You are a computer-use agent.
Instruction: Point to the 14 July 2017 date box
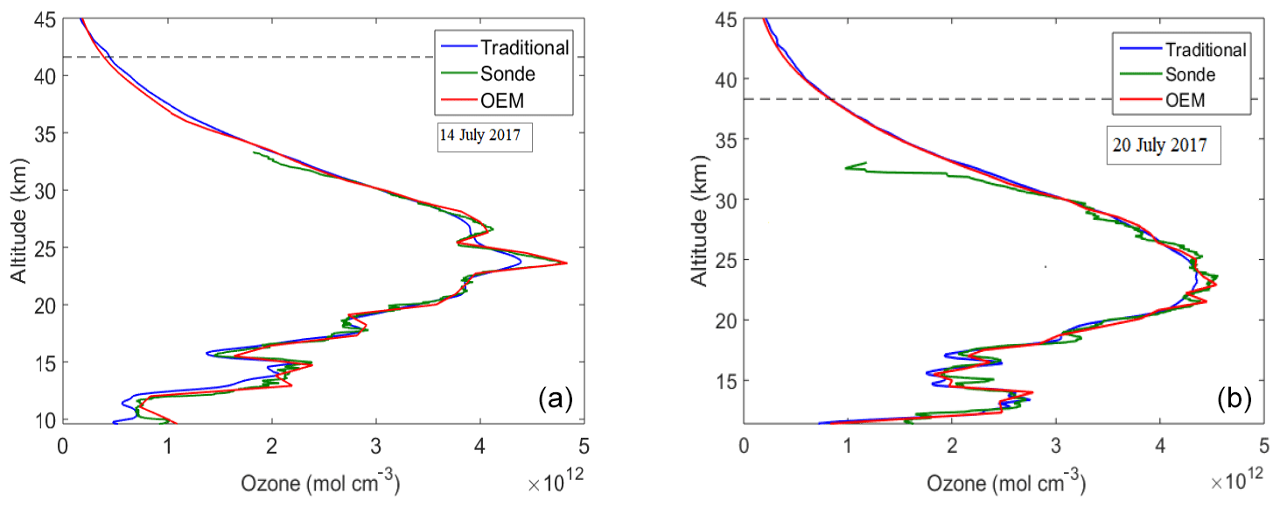tap(485, 138)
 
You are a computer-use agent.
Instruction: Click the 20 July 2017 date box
tap(1159, 145)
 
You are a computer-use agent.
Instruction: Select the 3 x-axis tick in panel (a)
tap(375, 444)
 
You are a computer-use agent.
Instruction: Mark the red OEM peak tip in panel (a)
tap(566, 263)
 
